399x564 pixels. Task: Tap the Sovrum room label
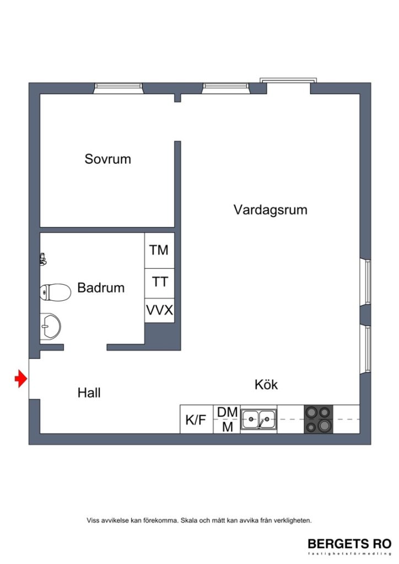108,159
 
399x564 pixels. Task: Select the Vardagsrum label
270,210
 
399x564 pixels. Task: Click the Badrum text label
101,288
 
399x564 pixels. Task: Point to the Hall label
89,393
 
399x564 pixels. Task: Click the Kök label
266,384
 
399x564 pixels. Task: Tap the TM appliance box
159,250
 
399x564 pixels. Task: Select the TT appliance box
159,283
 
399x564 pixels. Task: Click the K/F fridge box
196,420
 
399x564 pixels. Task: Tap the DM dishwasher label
227,412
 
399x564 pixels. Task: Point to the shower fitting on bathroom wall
42,259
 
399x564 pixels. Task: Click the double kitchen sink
258,419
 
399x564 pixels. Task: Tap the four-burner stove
319,419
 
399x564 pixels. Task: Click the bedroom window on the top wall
118,88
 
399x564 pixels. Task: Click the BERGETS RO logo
349,543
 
